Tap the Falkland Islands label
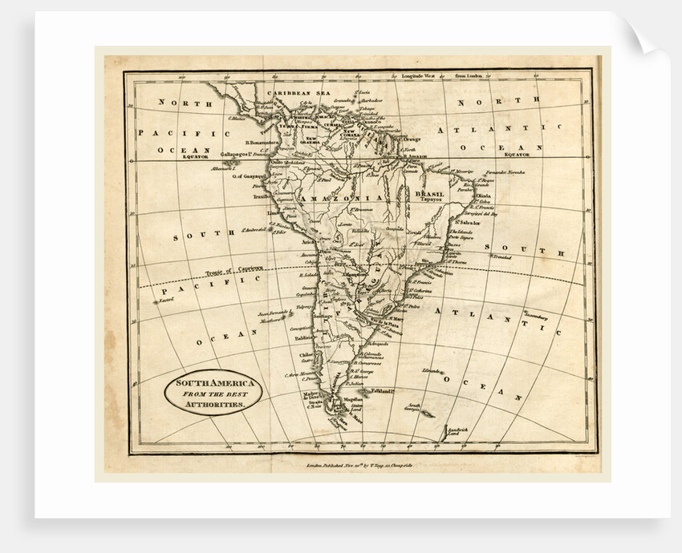tap(381, 390)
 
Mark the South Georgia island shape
tap(426, 414)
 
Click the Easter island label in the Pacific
tap(166, 300)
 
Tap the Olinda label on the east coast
tap(484, 194)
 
